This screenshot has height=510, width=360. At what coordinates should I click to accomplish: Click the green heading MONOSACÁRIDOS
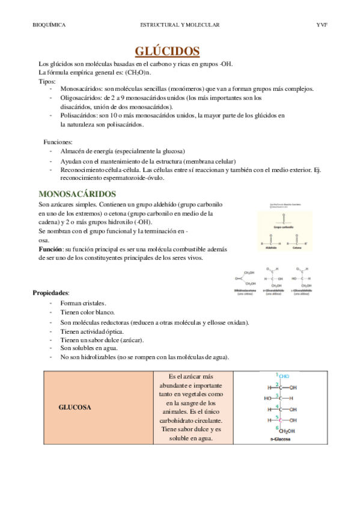pos(77,194)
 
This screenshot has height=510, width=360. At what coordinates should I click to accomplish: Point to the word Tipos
pos(47,81)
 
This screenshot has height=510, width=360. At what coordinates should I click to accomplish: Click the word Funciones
pos(58,142)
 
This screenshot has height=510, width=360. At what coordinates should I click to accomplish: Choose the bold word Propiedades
pos(51,292)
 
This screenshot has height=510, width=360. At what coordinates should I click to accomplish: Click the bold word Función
pos(51,248)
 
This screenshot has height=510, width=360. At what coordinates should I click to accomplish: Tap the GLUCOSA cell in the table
pos(75,407)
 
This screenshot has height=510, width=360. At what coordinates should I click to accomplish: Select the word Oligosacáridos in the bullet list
pos(82,97)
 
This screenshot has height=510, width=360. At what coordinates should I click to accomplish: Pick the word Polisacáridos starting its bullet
pos(80,115)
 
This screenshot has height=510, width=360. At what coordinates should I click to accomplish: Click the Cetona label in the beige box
pos(297,247)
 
